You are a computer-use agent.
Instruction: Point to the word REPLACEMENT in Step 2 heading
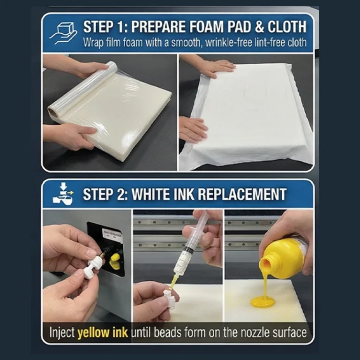point(242,194)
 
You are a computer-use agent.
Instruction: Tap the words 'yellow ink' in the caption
point(103,333)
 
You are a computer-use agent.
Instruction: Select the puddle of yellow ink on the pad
point(262,301)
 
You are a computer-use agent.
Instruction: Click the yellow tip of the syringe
point(173,281)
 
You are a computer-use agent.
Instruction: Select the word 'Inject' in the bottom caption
point(62,333)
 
